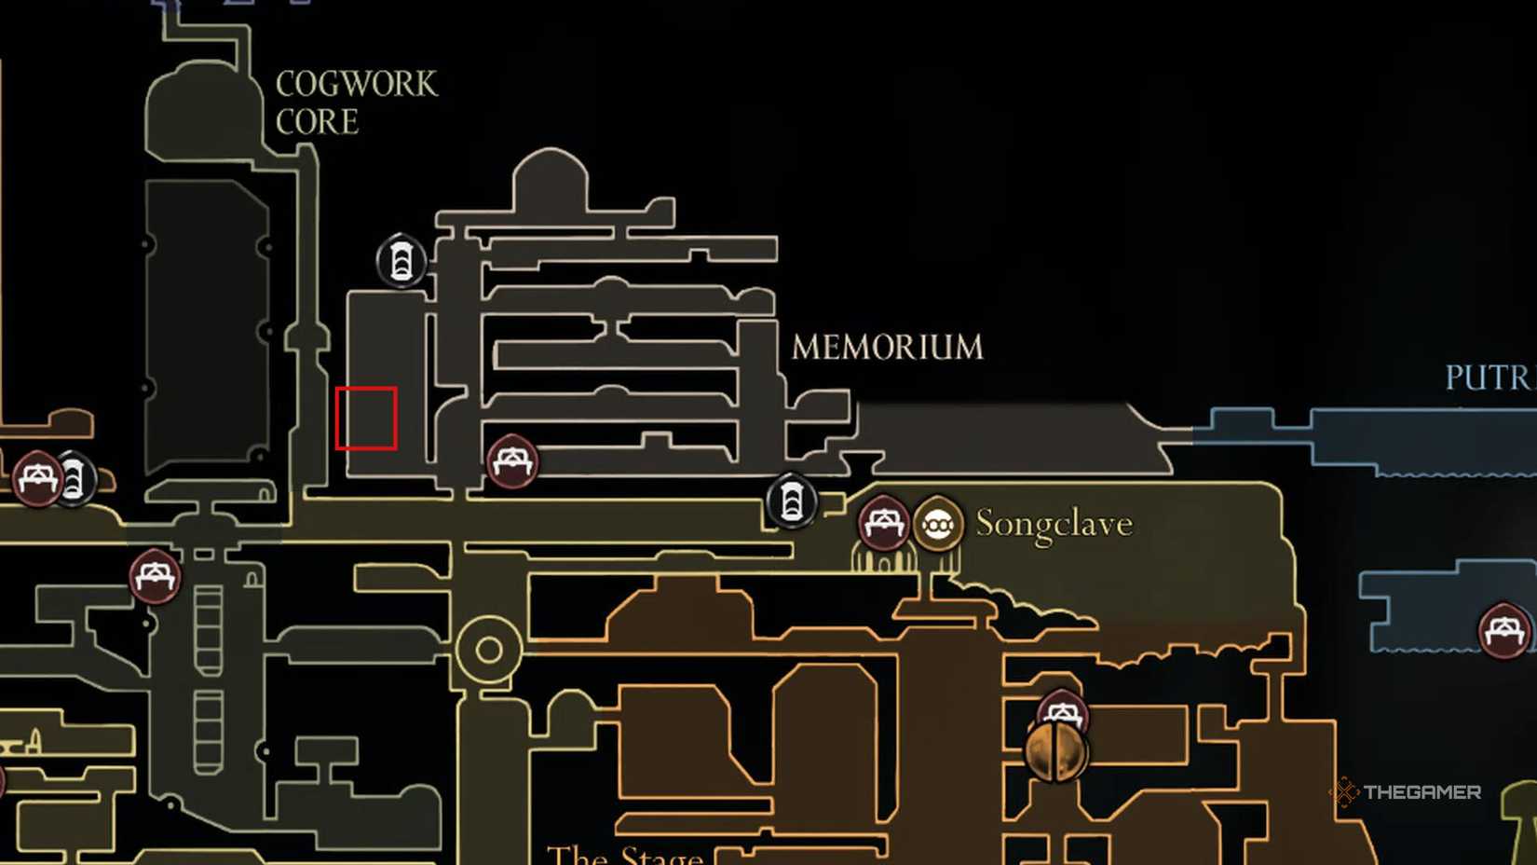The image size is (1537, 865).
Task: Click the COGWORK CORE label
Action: (x=355, y=103)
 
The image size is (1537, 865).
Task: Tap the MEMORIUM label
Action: (x=887, y=348)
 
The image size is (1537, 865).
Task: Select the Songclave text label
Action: (x=1054, y=524)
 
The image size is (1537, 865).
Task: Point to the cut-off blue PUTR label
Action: (x=1488, y=378)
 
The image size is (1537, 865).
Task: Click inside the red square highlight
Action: (x=366, y=419)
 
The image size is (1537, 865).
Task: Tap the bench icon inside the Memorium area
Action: (x=511, y=461)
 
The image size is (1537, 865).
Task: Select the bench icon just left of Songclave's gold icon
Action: (x=882, y=523)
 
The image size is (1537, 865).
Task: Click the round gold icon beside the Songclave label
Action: (x=937, y=525)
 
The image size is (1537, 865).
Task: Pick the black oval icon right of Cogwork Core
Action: (x=401, y=261)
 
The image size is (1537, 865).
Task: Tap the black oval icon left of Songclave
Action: (x=791, y=501)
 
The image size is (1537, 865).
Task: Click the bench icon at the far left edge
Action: (x=37, y=478)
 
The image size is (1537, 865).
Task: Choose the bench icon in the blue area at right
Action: (x=1503, y=631)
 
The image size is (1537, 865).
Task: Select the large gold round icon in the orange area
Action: (x=1055, y=752)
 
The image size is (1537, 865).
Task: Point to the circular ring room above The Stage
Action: (x=488, y=650)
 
